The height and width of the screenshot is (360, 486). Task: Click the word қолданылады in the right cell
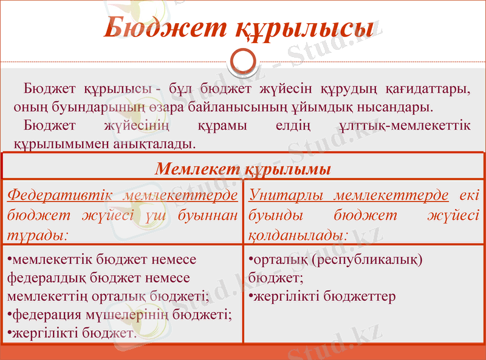tap(297, 233)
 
